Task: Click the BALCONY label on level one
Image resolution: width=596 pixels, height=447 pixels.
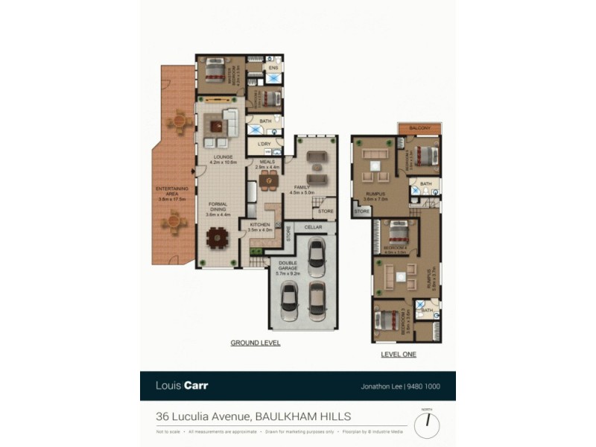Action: [x=419, y=128]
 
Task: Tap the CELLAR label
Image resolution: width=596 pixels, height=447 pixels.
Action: [x=313, y=227]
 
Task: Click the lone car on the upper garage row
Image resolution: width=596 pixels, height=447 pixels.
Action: [x=317, y=256]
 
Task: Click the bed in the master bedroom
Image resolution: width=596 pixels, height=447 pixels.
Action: [x=213, y=72]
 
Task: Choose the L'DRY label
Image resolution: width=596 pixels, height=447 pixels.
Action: [x=263, y=145]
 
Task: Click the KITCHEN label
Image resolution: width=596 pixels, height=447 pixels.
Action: [x=259, y=227]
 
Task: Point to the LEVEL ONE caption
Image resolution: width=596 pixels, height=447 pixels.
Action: [x=398, y=354]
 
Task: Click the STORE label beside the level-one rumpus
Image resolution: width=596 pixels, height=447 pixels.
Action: [x=362, y=212]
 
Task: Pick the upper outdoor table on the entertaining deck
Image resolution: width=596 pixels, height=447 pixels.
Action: [x=181, y=119]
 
